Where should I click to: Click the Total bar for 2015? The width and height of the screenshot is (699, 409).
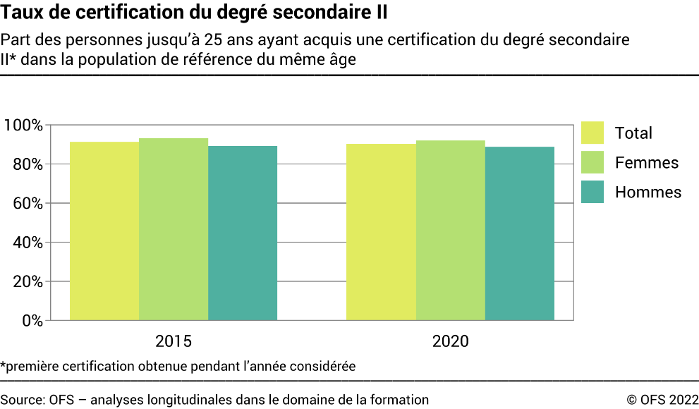click(104, 231)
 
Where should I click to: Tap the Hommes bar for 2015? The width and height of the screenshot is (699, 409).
click(243, 233)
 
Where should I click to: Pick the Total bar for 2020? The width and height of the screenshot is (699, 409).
click(381, 232)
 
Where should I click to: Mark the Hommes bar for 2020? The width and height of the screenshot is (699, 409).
click(520, 233)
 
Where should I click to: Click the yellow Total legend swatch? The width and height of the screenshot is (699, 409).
click(592, 133)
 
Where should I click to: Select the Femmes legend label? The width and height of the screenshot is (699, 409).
click(646, 163)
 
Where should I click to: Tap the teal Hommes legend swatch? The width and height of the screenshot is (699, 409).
click(592, 192)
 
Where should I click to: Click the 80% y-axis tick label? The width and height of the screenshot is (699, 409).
click(28, 164)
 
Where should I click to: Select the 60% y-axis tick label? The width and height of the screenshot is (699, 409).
click(28, 203)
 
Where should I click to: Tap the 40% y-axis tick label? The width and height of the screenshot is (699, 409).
click(28, 243)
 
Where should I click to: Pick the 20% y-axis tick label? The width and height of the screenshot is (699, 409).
click(28, 281)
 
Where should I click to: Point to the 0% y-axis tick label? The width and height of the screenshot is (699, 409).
click(32, 320)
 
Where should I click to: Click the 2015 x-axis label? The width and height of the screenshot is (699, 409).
click(174, 342)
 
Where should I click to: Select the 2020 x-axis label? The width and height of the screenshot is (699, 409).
click(450, 342)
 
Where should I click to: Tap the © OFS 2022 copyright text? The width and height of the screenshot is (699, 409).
click(662, 400)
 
